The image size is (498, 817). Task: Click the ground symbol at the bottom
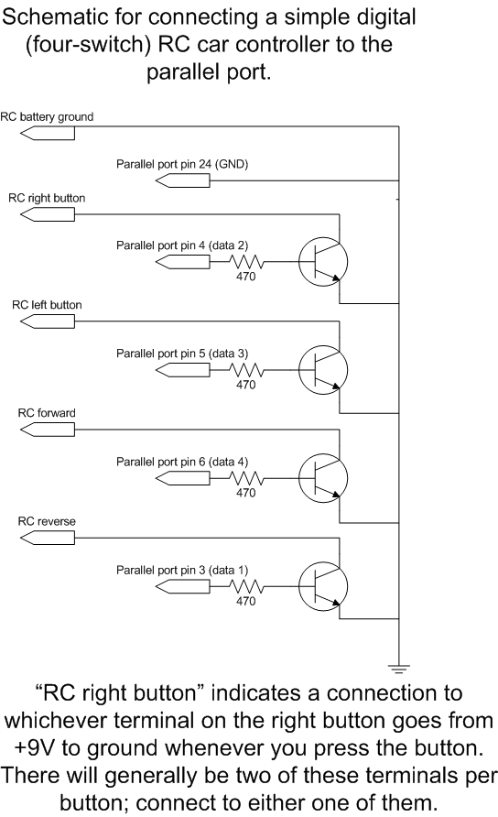point(398,669)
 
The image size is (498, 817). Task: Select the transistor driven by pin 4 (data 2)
point(323,262)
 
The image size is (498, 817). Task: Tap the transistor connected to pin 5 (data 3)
point(323,370)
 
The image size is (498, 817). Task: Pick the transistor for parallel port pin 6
point(323,478)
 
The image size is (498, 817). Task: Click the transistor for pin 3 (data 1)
point(323,587)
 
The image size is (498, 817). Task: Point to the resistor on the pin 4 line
point(246,262)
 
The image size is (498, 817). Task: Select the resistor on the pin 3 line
point(246,587)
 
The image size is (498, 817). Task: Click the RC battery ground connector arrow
point(48,134)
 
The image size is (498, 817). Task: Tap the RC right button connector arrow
point(48,214)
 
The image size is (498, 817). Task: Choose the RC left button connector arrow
point(48,321)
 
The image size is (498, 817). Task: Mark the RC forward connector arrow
point(48,430)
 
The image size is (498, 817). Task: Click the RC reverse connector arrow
point(48,539)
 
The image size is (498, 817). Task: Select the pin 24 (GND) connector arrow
point(183,180)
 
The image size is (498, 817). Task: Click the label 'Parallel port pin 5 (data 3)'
point(182,354)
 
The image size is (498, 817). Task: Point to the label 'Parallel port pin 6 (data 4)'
point(182,463)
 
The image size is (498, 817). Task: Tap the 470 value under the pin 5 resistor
point(246,385)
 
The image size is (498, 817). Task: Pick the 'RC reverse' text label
point(47,521)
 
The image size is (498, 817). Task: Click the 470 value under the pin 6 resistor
point(246,493)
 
